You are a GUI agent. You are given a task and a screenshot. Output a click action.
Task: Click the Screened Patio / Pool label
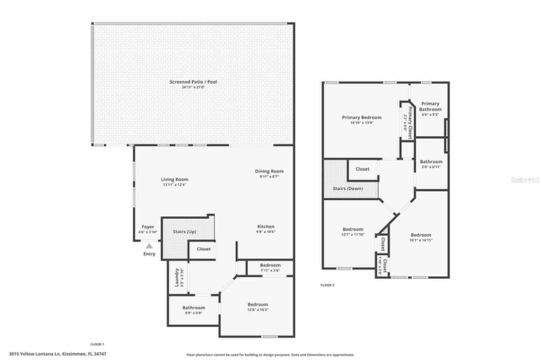click(193, 82)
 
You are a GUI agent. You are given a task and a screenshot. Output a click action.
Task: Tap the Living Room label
click(175, 179)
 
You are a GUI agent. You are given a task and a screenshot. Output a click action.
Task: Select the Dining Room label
click(269, 171)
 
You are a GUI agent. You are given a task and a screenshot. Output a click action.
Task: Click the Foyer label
click(148, 227)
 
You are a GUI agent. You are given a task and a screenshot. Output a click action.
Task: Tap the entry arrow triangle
click(149, 245)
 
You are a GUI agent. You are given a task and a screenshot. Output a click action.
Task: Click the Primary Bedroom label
click(362, 117)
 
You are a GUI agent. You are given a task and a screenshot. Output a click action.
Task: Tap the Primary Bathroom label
click(430, 106)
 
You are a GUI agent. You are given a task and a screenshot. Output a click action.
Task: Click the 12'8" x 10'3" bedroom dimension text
click(258, 310)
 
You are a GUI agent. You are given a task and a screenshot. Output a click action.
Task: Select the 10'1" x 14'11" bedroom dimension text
click(421, 240)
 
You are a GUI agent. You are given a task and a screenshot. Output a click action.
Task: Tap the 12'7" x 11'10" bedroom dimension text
click(353, 234)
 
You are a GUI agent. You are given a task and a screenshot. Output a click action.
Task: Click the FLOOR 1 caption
click(97, 344)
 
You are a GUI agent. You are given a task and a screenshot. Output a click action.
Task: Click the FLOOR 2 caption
click(328, 285)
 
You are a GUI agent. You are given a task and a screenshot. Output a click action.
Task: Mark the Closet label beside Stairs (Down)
click(362, 169)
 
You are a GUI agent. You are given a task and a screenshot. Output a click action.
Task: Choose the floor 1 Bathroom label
click(194, 308)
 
